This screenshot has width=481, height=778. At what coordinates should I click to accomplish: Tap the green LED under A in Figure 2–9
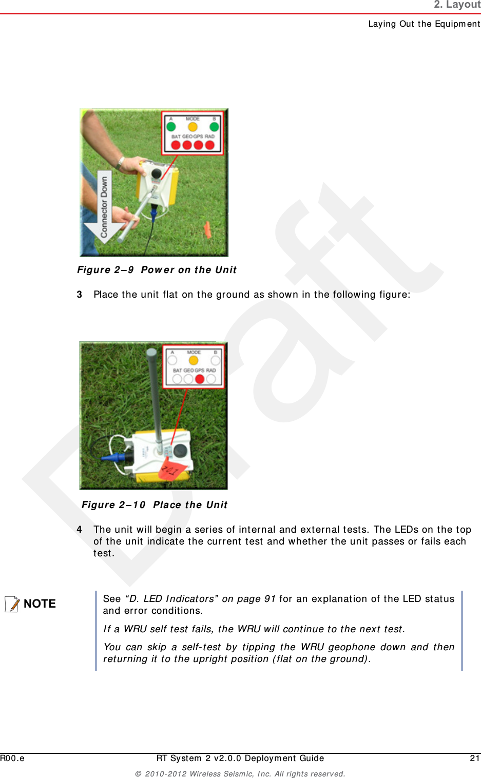tap(171, 127)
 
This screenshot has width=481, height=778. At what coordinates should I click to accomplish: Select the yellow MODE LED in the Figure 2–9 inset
tap(193, 127)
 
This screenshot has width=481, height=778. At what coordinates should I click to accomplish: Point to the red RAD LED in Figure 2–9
tap(210, 145)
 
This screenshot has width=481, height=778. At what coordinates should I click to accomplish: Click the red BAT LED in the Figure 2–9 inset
tap(176, 145)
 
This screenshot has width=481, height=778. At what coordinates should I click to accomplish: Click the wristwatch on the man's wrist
tap(120, 163)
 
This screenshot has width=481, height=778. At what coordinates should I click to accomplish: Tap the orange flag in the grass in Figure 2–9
tap(207, 229)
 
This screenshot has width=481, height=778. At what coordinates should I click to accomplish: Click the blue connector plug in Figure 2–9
tap(153, 211)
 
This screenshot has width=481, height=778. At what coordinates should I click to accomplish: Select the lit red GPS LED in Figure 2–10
tap(200, 379)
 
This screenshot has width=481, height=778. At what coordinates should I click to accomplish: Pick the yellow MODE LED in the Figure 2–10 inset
tap(194, 361)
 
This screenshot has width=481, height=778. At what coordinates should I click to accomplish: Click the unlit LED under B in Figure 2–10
tap(216, 361)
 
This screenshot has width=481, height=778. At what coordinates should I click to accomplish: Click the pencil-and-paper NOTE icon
tap(12, 604)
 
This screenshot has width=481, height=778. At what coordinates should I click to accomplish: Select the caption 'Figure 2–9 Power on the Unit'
tap(157, 270)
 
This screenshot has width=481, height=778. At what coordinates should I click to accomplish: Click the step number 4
tap(79, 529)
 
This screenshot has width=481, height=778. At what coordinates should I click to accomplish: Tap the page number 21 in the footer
tap(475, 758)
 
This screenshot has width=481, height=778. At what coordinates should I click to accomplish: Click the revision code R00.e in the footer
tap(12, 758)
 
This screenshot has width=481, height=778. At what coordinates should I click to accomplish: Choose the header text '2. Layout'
tap(457, 5)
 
